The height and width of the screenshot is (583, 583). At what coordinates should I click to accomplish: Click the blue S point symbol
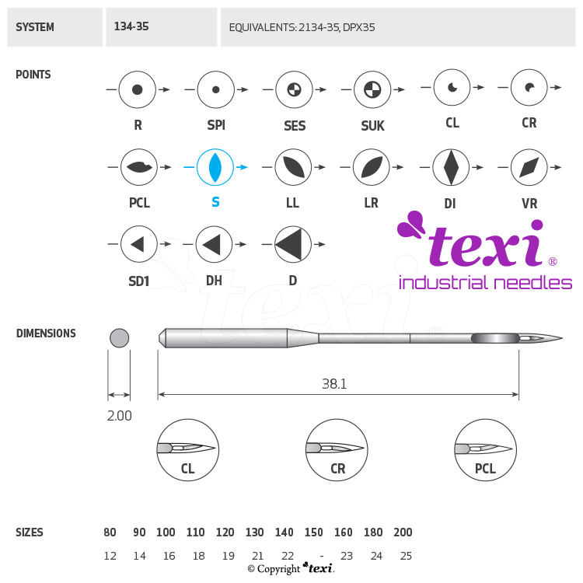215,167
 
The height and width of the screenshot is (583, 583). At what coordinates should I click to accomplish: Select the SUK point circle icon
372,90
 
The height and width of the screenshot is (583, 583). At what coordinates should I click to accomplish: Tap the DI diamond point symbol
451,167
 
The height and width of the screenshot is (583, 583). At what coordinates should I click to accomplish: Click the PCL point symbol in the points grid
139,167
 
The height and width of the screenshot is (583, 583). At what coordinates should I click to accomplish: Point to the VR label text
529,204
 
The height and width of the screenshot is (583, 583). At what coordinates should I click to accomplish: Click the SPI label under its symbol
216,125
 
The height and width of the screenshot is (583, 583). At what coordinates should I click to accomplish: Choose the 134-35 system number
131,26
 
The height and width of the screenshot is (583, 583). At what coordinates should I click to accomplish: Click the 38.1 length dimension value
335,383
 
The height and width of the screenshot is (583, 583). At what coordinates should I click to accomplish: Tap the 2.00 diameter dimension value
119,416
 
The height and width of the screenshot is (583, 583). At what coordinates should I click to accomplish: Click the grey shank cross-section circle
119,338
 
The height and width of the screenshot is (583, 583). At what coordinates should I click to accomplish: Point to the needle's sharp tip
561,339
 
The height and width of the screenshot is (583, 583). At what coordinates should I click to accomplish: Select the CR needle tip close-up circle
337,451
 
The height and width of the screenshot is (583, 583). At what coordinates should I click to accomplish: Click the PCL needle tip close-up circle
485,451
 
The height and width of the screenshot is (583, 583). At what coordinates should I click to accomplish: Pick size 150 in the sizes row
313,532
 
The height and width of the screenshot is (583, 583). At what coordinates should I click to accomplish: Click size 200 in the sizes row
403,532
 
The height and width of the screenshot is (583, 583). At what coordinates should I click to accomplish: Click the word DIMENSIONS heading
46,333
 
